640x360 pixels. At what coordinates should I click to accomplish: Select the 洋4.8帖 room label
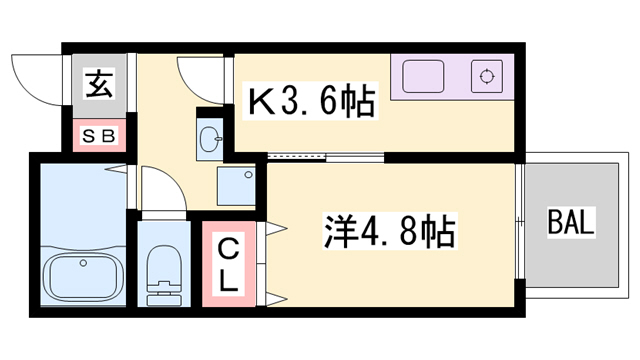click(389, 233)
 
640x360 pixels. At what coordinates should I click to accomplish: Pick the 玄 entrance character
click(97, 86)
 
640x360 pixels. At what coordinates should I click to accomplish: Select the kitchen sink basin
click(423, 75)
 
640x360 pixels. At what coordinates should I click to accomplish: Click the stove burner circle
click(487, 75)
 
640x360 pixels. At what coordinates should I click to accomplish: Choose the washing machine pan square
click(238, 185)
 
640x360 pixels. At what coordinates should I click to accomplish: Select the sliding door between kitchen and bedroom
click(300, 157)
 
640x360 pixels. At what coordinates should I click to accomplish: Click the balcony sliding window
click(521, 200)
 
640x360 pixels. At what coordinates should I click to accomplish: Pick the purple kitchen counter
click(450, 76)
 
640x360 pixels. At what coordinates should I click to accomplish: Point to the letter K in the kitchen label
click(258, 101)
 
